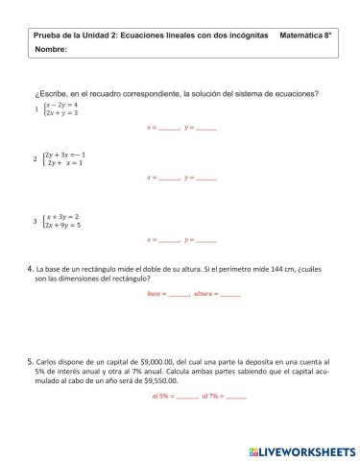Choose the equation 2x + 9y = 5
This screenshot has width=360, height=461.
point(63,226)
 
